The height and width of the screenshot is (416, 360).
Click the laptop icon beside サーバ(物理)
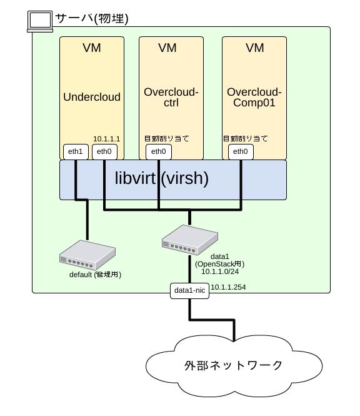coord(39,21)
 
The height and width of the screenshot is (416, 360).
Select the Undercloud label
coord(92,97)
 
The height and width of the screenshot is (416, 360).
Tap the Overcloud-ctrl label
coord(171,98)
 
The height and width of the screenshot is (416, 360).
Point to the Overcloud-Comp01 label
coord(254,98)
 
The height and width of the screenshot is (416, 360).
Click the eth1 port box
coord(76,151)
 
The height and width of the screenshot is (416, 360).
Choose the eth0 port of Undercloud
coord(104,151)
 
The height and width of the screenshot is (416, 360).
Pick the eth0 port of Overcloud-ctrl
coord(159,151)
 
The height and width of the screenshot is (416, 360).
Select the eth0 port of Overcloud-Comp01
coord(240,151)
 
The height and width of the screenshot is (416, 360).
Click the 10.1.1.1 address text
coord(106,138)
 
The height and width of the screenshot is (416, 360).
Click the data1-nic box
coord(189,290)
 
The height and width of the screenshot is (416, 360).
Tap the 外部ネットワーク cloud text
coord(233,365)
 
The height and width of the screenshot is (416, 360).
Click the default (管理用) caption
coord(94,274)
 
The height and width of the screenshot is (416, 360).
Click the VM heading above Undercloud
coord(92,48)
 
